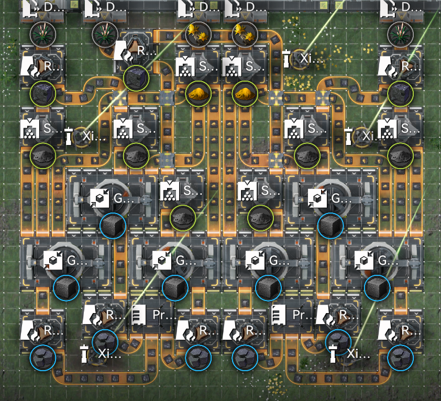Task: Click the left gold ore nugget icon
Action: pyautogui.click(x=198, y=94)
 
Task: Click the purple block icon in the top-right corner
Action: pyautogui.click(x=401, y=94)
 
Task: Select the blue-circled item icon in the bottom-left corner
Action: pyautogui.click(x=42, y=359)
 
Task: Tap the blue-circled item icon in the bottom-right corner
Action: pyautogui.click(x=401, y=359)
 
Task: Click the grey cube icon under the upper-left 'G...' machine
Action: pyautogui.click(x=113, y=226)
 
